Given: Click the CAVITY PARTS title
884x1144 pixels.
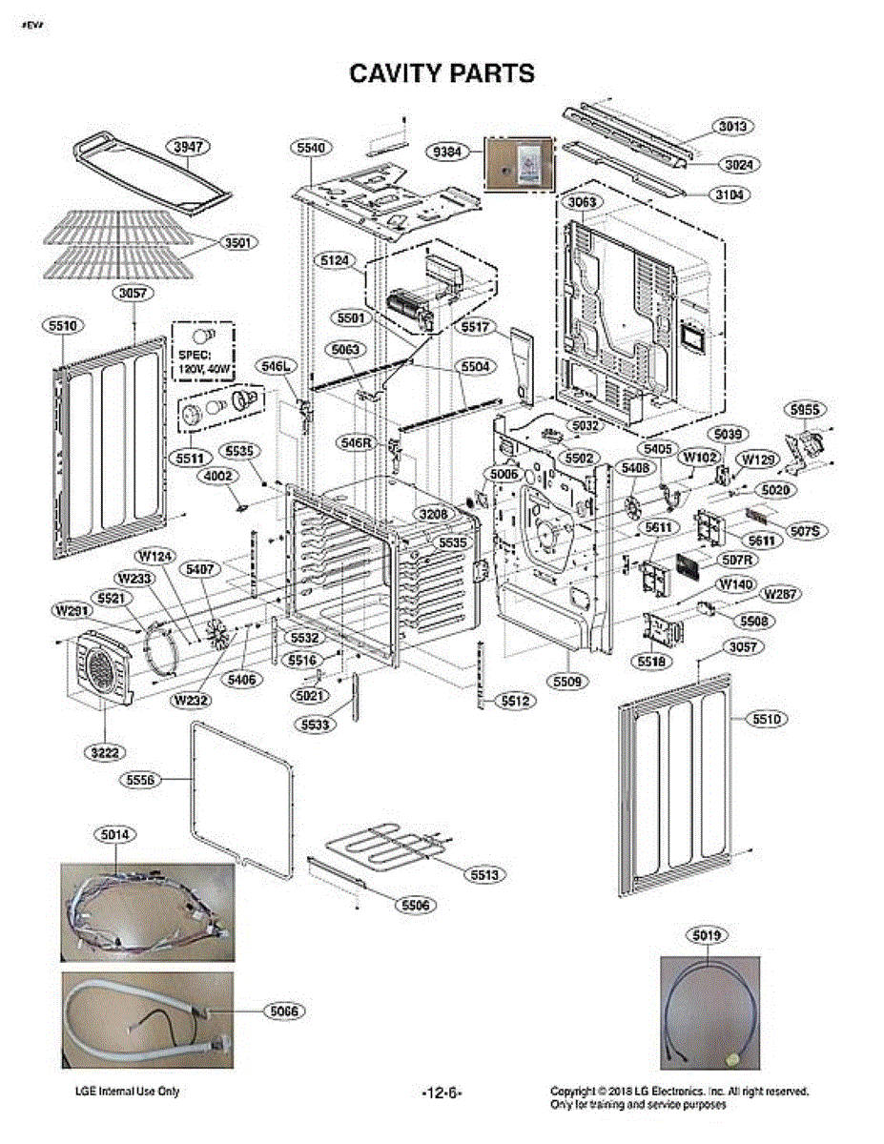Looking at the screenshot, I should [x=442, y=73].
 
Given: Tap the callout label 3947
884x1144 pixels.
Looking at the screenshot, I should [x=189, y=147].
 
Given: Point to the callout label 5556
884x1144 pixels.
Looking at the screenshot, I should [x=141, y=780].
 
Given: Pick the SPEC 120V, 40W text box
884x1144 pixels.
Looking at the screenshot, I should [x=203, y=353].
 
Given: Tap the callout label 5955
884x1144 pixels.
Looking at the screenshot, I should [x=804, y=410].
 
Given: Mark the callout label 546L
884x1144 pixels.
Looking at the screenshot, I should [x=275, y=365].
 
